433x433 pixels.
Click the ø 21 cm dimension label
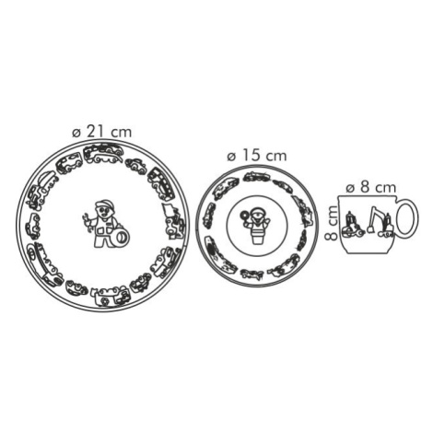pyautogui.click(x=102, y=132)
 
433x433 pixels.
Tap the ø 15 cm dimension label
pyautogui.click(x=257, y=156)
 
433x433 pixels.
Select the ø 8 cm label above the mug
pyautogui.click(x=371, y=187)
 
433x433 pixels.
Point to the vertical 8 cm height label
pyautogui.click(x=332, y=222)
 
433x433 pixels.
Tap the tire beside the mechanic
pyautogui.click(x=122, y=237)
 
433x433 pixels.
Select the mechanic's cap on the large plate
pyautogui.click(x=104, y=204)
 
